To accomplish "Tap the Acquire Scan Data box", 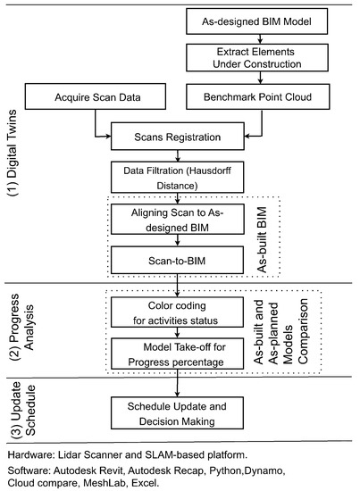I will [90, 96].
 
